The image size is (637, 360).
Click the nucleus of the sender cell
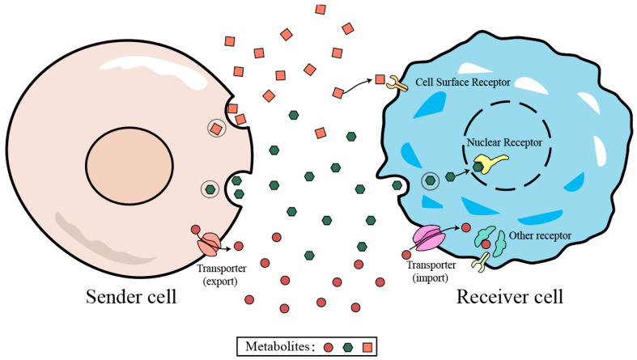(130, 166)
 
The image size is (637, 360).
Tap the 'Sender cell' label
(131, 296)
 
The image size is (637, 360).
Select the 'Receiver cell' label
(510, 296)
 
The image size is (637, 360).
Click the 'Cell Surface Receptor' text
(463, 82)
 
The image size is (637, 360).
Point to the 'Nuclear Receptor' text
(504, 142)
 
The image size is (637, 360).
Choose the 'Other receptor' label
(540, 235)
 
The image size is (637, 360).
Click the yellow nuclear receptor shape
(490, 162)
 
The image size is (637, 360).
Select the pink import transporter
(429, 238)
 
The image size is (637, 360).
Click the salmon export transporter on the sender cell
(210, 244)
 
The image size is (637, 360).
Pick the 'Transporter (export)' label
(222, 274)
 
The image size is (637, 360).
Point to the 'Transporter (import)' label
(431, 271)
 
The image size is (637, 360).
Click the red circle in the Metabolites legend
(329, 347)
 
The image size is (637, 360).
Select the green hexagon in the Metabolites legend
(348, 347)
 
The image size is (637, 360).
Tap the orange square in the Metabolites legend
(367, 347)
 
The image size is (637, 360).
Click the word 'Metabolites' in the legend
(278, 346)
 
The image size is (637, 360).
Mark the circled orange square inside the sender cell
(217, 129)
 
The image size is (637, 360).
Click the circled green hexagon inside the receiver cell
(431, 180)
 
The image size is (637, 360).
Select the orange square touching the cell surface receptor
(380, 79)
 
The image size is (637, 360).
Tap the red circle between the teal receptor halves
(486, 244)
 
